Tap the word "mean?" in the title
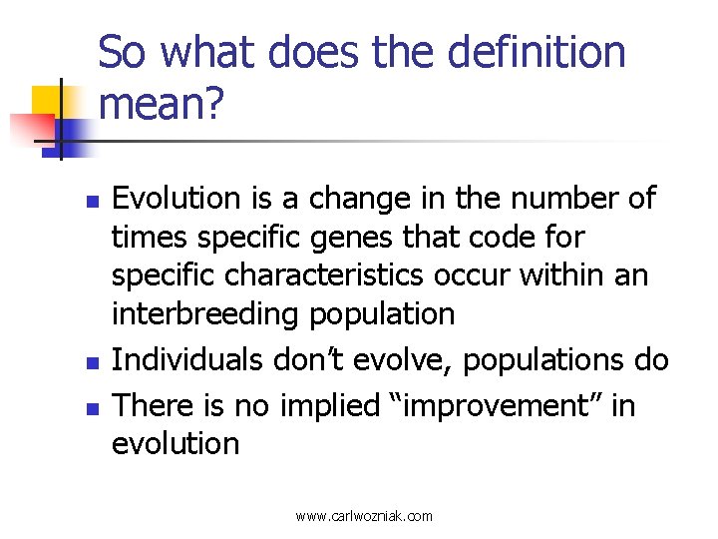point(161,103)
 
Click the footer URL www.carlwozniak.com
point(364,516)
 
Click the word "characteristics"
point(298,275)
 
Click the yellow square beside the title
point(49,102)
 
